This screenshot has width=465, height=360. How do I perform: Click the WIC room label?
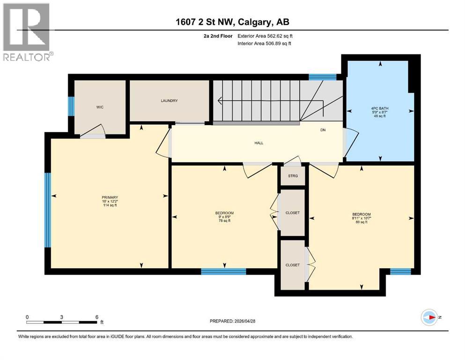point(100,107)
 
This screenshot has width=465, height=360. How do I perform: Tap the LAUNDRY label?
point(169,101)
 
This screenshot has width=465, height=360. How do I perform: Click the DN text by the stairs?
point(323,130)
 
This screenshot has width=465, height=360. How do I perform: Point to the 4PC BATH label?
point(380,109)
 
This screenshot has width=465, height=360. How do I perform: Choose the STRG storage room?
point(292,177)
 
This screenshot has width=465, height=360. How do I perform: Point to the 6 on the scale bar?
point(96,317)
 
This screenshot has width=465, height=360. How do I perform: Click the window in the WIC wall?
point(71,106)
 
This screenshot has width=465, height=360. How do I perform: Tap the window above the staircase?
point(322,77)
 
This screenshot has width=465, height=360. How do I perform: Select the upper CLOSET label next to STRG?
point(292,213)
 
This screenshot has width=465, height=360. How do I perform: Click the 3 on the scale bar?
point(61,317)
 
